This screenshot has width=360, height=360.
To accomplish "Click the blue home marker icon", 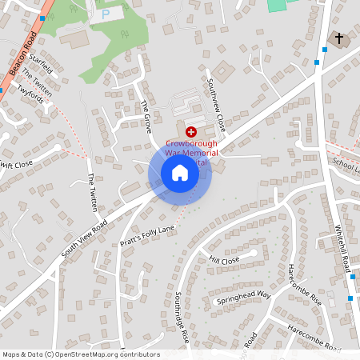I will tap(180, 173).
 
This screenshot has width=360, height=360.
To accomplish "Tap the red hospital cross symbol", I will tap(191, 130).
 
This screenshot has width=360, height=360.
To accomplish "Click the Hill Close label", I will tap(224, 261).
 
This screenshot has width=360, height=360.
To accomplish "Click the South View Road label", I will tap(83, 239).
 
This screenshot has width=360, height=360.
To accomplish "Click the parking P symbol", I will tap(106, 14).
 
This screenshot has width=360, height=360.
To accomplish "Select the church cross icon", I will tap(338, 38).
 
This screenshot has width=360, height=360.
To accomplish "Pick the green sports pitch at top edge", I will tap(276, 5).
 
